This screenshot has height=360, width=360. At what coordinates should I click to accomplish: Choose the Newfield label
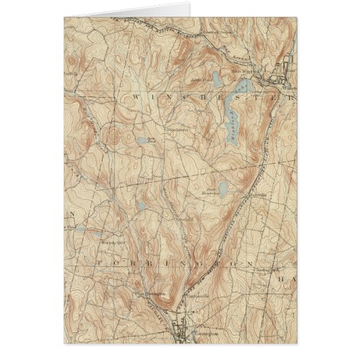coord(187,219)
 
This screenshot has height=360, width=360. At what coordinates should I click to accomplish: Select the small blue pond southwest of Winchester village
coord(141,141)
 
